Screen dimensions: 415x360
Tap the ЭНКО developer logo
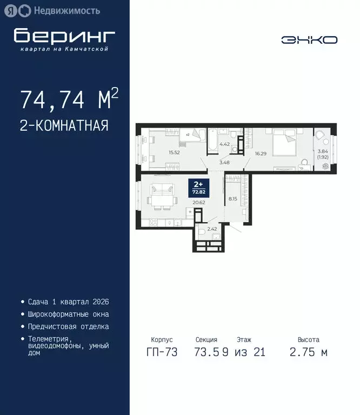309,40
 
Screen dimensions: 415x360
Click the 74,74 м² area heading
69,99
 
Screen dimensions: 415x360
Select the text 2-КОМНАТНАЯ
64,126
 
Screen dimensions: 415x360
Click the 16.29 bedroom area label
261,153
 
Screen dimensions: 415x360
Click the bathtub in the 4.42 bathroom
213,139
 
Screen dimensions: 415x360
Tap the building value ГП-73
160,353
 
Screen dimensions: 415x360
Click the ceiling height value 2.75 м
309,353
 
